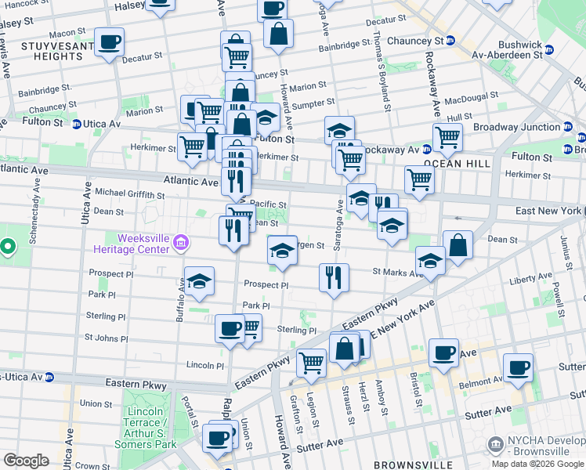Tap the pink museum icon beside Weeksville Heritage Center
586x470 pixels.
tap(181, 244)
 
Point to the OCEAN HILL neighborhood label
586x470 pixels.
tap(457, 164)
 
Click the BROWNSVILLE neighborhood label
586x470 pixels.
tap(413, 465)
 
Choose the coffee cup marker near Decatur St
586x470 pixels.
tap(109, 42)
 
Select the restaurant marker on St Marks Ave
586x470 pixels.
tap(334, 278)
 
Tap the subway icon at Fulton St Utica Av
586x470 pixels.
tap(77, 124)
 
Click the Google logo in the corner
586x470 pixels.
tap(26, 461)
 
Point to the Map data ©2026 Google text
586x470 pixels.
tap(537, 464)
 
